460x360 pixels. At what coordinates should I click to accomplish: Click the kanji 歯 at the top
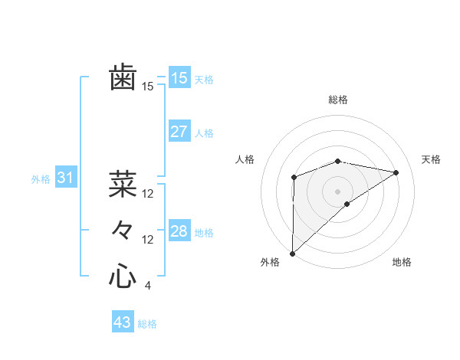(x=123, y=79)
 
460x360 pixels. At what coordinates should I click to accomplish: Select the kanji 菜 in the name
(x=123, y=185)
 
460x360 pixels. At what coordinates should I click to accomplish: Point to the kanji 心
(x=123, y=276)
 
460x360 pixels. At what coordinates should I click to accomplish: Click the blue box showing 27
(x=179, y=132)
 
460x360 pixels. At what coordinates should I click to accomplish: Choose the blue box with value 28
(x=179, y=231)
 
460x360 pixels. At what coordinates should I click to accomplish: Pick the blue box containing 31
(x=65, y=178)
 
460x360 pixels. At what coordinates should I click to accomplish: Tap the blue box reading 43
(x=123, y=322)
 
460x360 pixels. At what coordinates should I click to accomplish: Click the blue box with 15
(x=179, y=78)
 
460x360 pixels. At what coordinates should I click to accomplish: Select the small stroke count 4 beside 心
(x=147, y=286)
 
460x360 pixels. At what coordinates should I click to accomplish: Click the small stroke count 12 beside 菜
(x=148, y=194)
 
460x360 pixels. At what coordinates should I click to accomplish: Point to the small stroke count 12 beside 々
(x=148, y=240)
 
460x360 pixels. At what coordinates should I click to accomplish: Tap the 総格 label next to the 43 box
(x=147, y=324)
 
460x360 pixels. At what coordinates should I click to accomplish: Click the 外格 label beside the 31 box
(x=41, y=179)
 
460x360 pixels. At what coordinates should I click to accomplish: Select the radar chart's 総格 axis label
(x=338, y=100)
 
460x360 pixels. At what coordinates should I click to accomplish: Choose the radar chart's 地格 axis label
(x=402, y=263)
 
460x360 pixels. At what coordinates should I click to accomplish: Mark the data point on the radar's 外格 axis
(x=292, y=253)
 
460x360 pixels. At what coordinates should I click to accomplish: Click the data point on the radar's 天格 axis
(x=396, y=172)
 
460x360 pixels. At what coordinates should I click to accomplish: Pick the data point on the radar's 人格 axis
(x=294, y=178)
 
